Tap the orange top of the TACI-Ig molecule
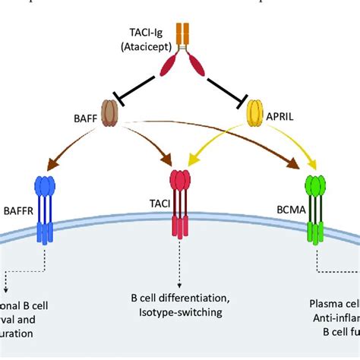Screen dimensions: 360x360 [x=183, y=33]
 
